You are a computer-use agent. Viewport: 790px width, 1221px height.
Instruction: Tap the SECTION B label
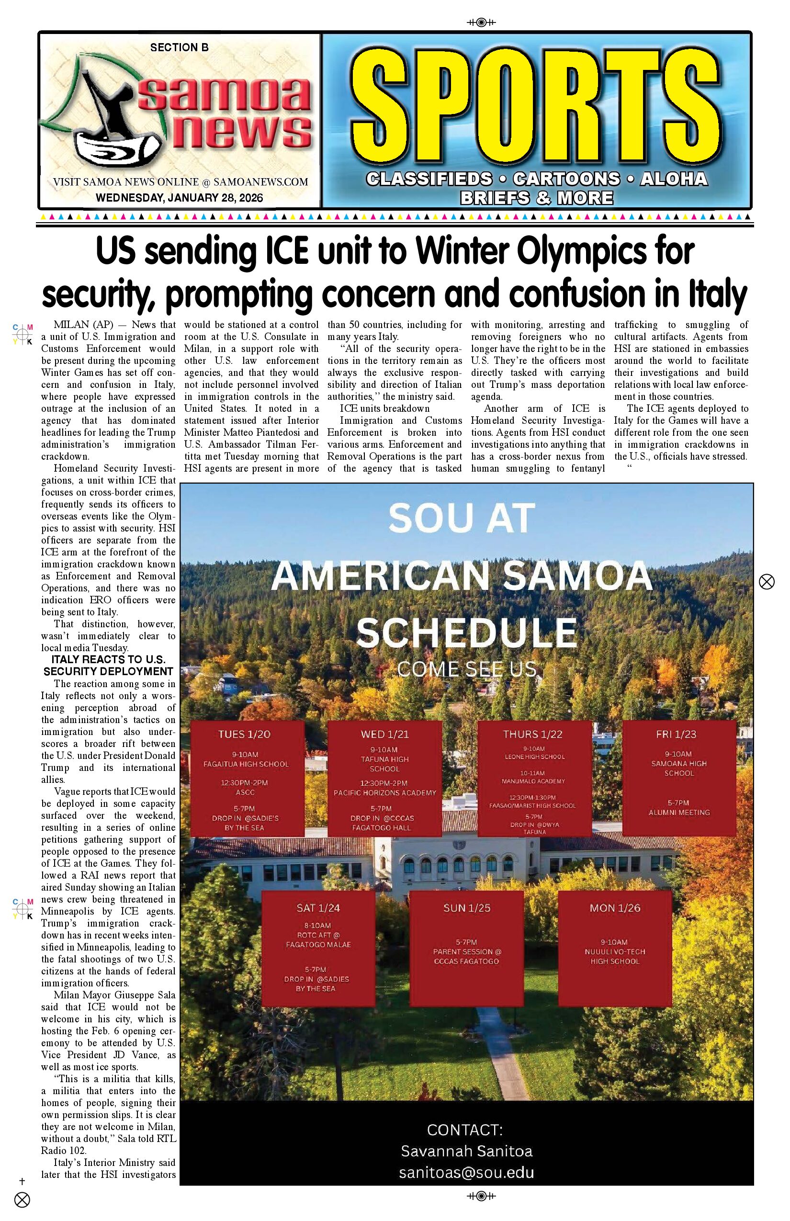point(179,48)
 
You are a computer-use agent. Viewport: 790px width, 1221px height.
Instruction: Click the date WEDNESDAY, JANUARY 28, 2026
point(179,198)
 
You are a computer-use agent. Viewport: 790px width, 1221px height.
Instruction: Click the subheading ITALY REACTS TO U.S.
point(108,660)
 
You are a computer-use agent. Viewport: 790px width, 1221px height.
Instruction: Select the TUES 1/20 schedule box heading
point(244,734)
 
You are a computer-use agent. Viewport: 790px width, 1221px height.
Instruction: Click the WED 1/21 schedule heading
point(385,734)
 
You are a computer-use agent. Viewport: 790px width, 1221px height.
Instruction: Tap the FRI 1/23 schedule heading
point(676,734)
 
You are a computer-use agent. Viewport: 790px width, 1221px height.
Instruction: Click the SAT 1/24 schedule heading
point(318,907)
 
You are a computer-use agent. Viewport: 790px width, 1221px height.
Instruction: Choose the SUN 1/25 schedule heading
point(467,907)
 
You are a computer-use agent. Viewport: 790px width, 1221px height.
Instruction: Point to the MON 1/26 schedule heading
point(615,907)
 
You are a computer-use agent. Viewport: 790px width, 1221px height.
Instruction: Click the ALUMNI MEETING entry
point(679,812)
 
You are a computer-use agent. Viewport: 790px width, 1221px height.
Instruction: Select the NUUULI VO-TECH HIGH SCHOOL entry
point(615,956)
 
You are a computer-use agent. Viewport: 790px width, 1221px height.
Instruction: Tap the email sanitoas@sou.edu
point(467,1172)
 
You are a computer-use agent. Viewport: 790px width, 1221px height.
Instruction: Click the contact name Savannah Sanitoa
point(467,1151)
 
